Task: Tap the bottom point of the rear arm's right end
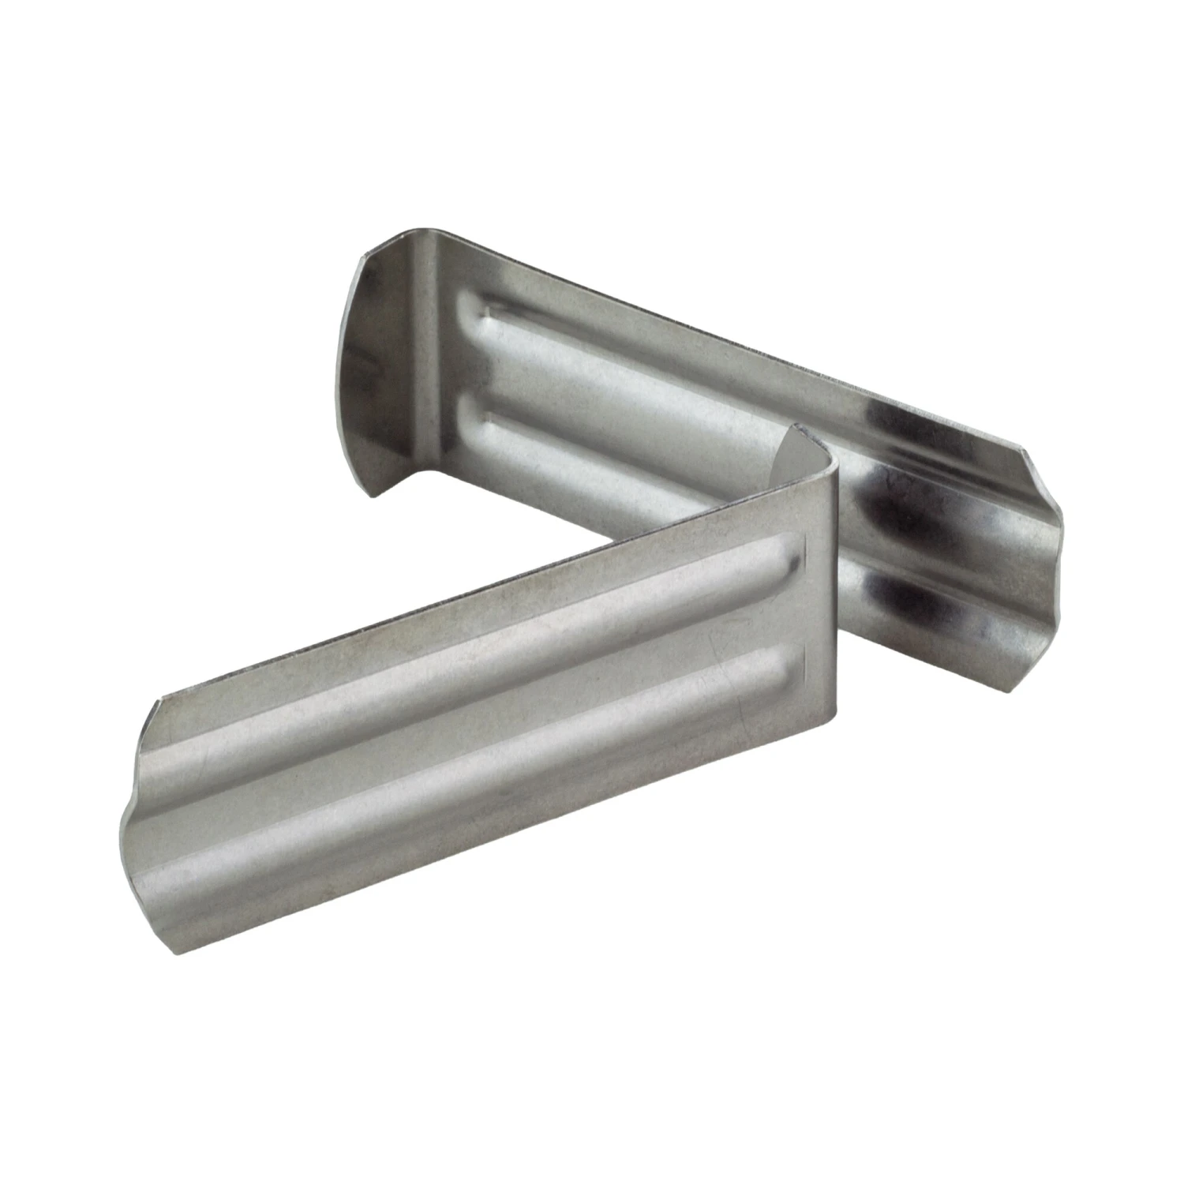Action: tap(1018, 695)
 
